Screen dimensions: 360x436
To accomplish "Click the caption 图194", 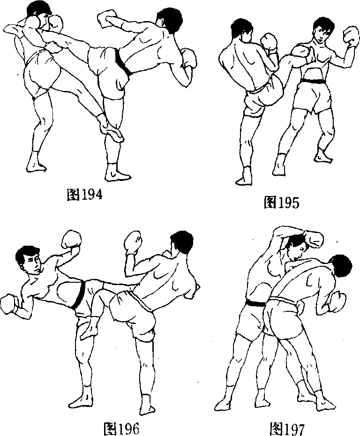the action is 84,195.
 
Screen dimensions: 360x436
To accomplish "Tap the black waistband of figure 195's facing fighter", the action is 313,81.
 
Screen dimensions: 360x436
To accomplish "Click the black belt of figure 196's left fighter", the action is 79,295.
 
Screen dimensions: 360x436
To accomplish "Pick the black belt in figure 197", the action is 255,303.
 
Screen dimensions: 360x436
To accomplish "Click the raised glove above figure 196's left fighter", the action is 71,240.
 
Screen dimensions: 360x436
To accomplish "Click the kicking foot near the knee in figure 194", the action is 111,129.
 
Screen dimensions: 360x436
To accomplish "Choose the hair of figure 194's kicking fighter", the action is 169,18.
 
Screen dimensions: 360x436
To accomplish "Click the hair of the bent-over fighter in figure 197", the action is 341,265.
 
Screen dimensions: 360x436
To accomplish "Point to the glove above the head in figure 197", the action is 315,239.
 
